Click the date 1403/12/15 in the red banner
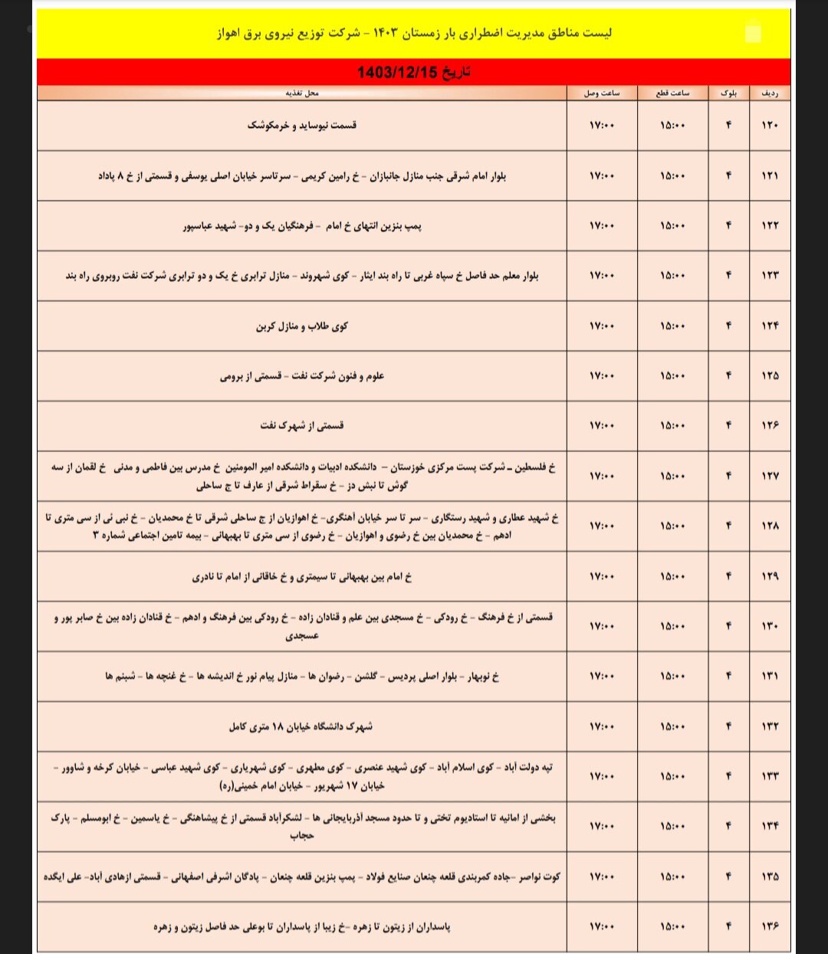tap(413, 72)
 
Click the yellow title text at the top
tap(413, 33)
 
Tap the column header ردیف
tap(769, 93)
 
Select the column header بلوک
tap(728, 93)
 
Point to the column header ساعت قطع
tap(672, 93)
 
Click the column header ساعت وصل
tap(602, 93)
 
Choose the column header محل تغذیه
tap(302, 93)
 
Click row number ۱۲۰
tap(770, 126)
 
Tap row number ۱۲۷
tap(770, 476)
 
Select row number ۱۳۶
tap(770, 926)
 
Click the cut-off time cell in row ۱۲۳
tap(672, 276)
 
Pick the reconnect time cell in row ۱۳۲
tap(602, 726)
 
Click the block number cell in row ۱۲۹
tap(728, 576)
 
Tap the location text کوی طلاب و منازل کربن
tap(302, 326)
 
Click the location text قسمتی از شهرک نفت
tap(302, 425)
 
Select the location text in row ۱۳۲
tap(301, 726)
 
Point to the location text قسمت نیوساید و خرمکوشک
tap(302, 125)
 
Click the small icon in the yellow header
tap(754, 33)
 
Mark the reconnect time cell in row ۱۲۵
tap(602, 376)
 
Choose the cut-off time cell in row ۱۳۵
tap(672, 877)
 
